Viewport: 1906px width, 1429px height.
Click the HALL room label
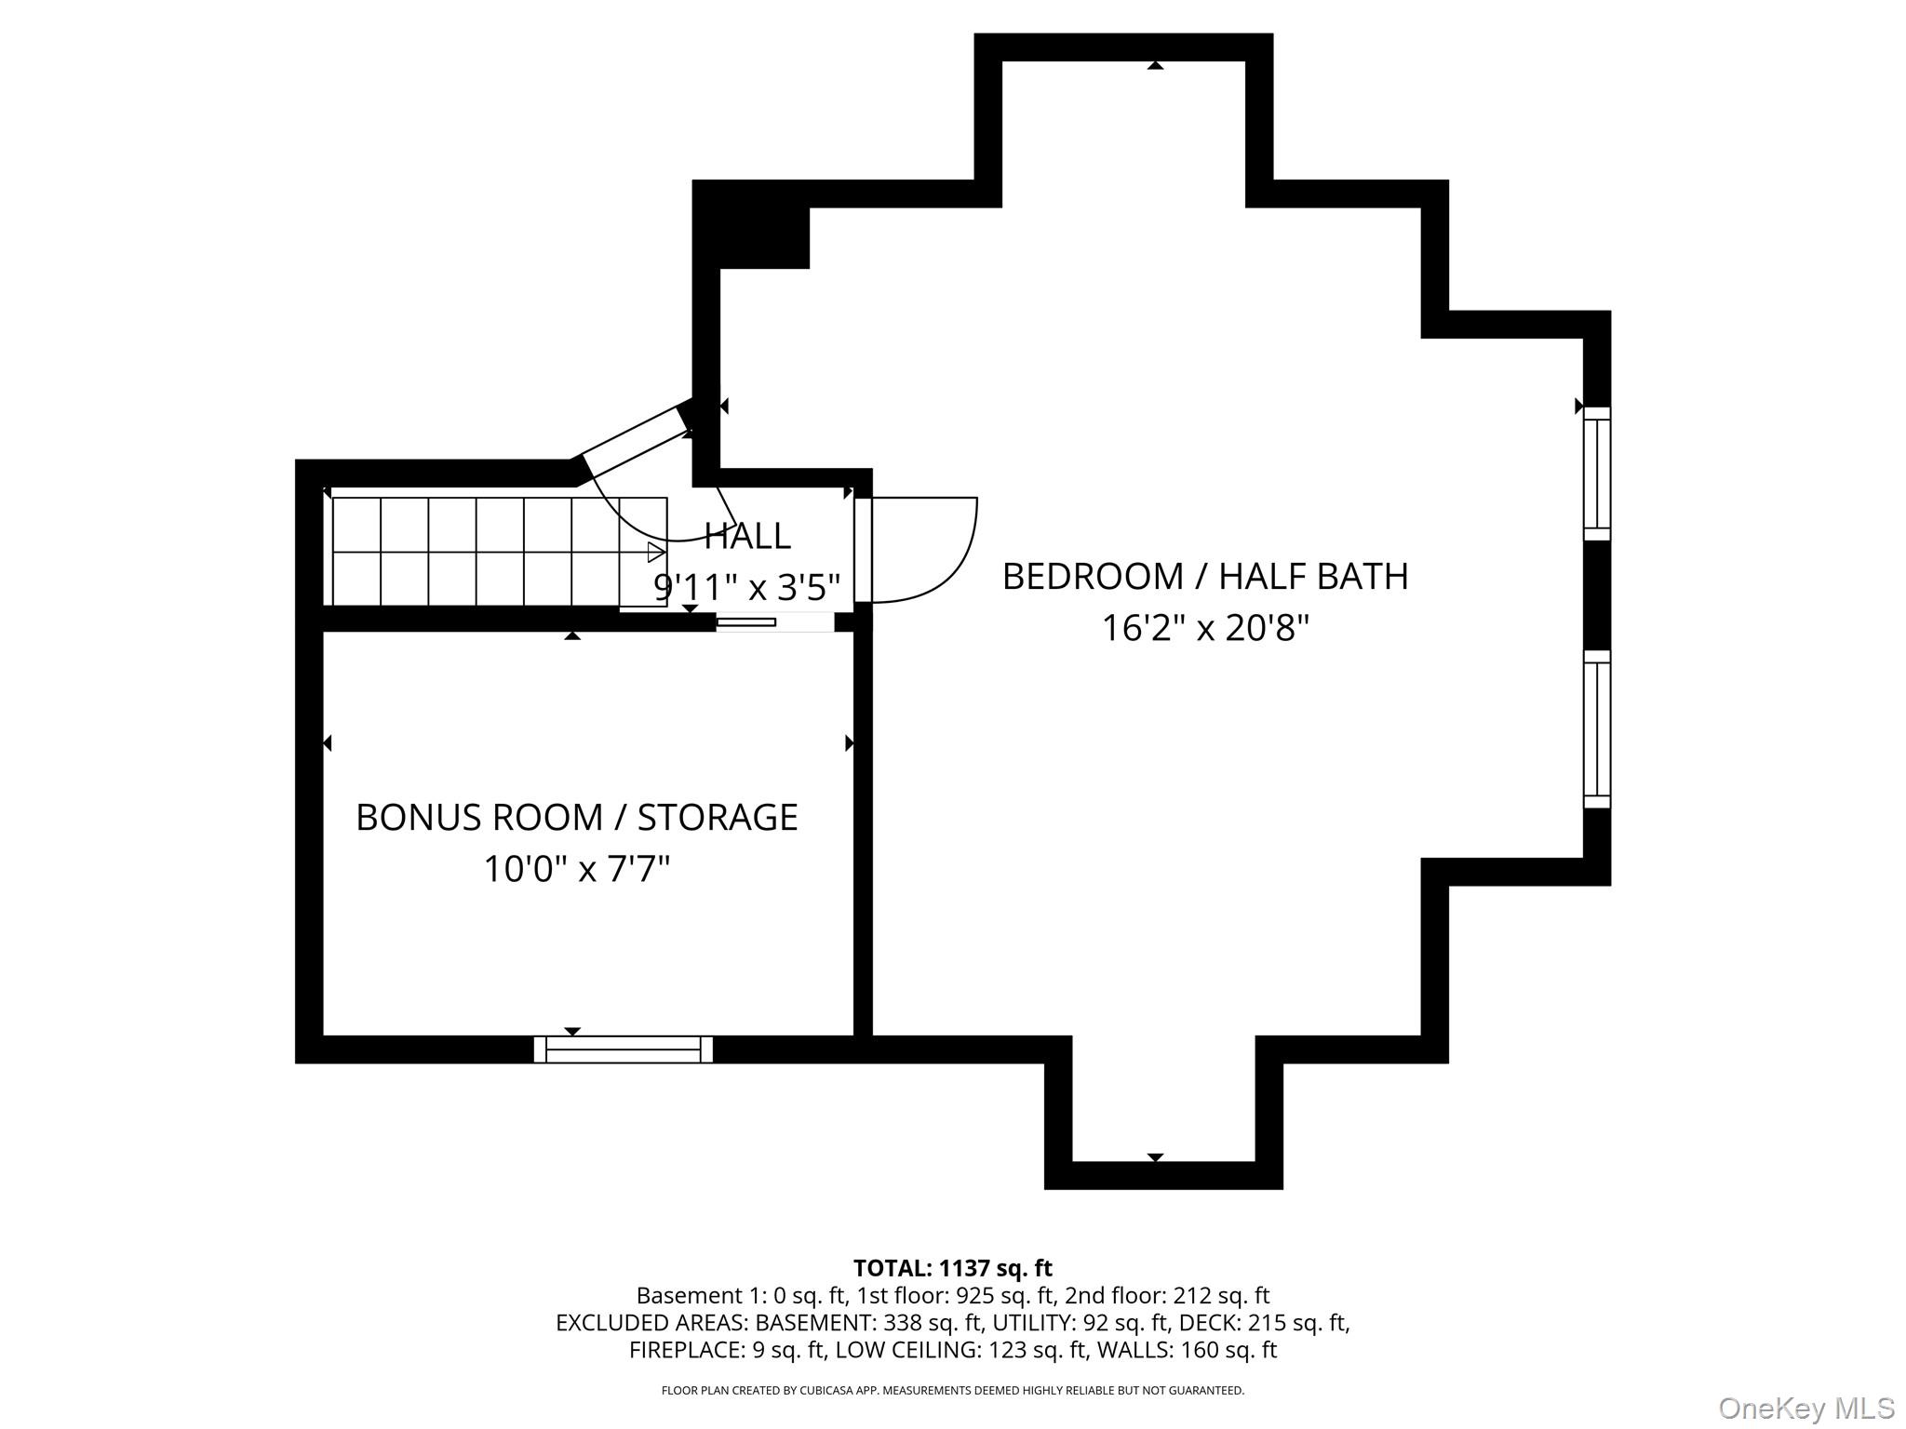click(x=747, y=536)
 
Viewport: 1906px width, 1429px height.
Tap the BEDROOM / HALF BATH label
click(x=1205, y=577)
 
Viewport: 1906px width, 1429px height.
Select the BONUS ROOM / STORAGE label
click(x=577, y=818)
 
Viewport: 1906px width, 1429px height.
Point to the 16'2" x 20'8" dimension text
click(x=1205, y=629)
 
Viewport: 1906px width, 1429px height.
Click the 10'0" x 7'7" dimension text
click(x=577, y=870)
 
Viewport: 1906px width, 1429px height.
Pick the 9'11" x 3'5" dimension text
click(x=747, y=588)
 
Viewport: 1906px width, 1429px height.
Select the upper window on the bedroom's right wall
click(x=1597, y=473)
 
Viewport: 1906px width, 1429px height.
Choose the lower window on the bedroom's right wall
click(x=1597, y=728)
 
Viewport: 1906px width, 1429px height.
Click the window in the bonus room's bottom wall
click(x=624, y=1049)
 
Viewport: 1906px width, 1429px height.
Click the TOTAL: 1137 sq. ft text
click(x=953, y=1268)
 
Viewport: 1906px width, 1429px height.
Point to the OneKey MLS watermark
click(x=1806, y=1408)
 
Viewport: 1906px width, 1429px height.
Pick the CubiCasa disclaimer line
click(x=953, y=1391)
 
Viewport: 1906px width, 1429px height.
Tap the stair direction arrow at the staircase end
click(x=656, y=553)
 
